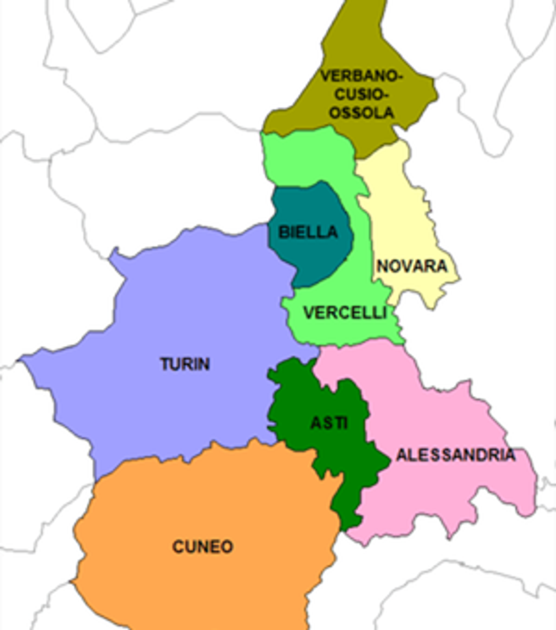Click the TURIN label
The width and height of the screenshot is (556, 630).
pyautogui.click(x=185, y=364)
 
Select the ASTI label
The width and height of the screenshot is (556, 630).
pyautogui.click(x=329, y=423)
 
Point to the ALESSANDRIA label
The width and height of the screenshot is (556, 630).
pyautogui.click(x=456, y=455)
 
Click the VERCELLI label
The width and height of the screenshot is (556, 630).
pyautogui.click(x=345, y=313)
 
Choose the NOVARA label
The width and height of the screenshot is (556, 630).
pyautogui.click(x=412, y=266)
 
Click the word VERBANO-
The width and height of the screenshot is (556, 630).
pyautogui.click(x=361, y=76)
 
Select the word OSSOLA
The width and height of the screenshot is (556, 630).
pyautogui.click(x=361, y=113)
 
